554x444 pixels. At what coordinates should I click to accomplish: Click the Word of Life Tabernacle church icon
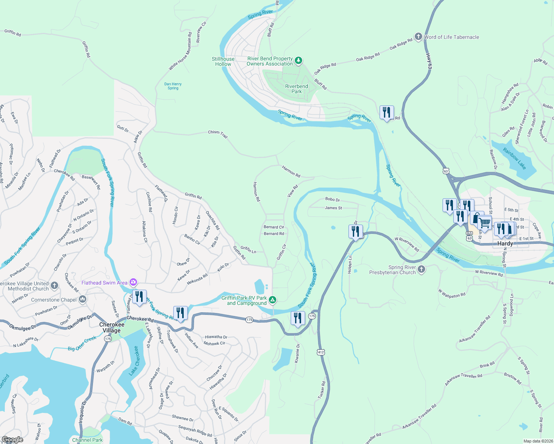(418, 37)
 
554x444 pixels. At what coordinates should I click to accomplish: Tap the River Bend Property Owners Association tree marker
(298, 60)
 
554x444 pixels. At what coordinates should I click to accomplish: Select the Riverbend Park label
(296, 89)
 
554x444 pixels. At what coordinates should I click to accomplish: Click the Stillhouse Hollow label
(223, 61)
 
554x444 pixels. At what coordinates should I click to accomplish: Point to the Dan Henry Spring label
(173, 86)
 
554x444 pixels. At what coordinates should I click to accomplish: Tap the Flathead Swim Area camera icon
(133, 282)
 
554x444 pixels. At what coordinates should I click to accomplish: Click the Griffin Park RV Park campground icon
(273, 300)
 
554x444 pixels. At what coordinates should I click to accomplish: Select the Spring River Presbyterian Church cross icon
(421, 269)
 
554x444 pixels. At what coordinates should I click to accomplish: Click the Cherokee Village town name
(111, 327)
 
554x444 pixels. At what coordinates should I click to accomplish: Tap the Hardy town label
(505, 243)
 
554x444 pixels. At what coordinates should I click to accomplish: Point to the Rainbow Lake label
(514, 158)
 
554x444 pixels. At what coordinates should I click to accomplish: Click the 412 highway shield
(321, 352)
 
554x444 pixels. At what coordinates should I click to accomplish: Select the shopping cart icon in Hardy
(484, 223)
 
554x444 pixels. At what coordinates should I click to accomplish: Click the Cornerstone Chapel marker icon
(83, 299)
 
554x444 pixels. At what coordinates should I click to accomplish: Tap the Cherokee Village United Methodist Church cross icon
(54, 285)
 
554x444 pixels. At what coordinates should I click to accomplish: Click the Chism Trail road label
(218, 134)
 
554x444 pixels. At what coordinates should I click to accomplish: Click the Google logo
(13, 440)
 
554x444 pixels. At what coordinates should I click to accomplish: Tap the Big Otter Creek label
(82, 344)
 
